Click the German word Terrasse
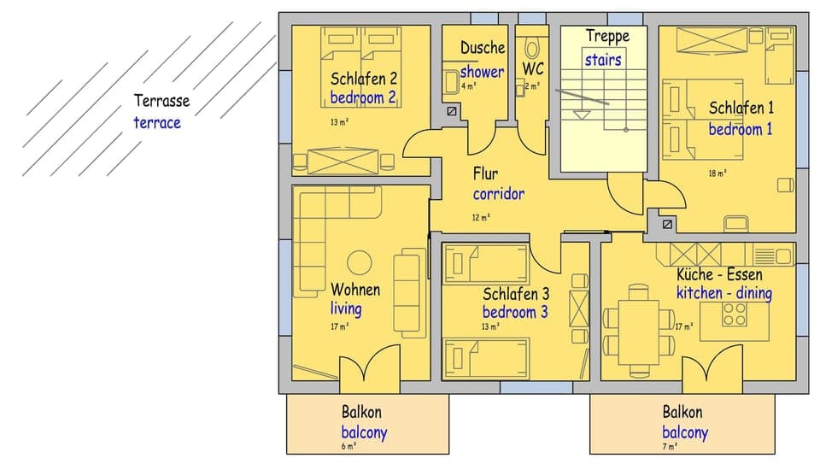coord(161,101)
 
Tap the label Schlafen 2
coord(363,79)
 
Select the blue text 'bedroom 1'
coord(740,129)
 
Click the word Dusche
coord(483,48)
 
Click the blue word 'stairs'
coord(603,60)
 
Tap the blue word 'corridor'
coord(499,194)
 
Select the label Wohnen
coord(355,290)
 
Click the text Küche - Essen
coord(719,274)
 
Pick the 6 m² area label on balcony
coord(348,446)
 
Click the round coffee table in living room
coord(359,261)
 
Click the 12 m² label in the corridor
coord(481,217)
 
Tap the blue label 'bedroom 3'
coord(515,312)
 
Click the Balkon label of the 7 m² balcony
coord(682,413)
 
